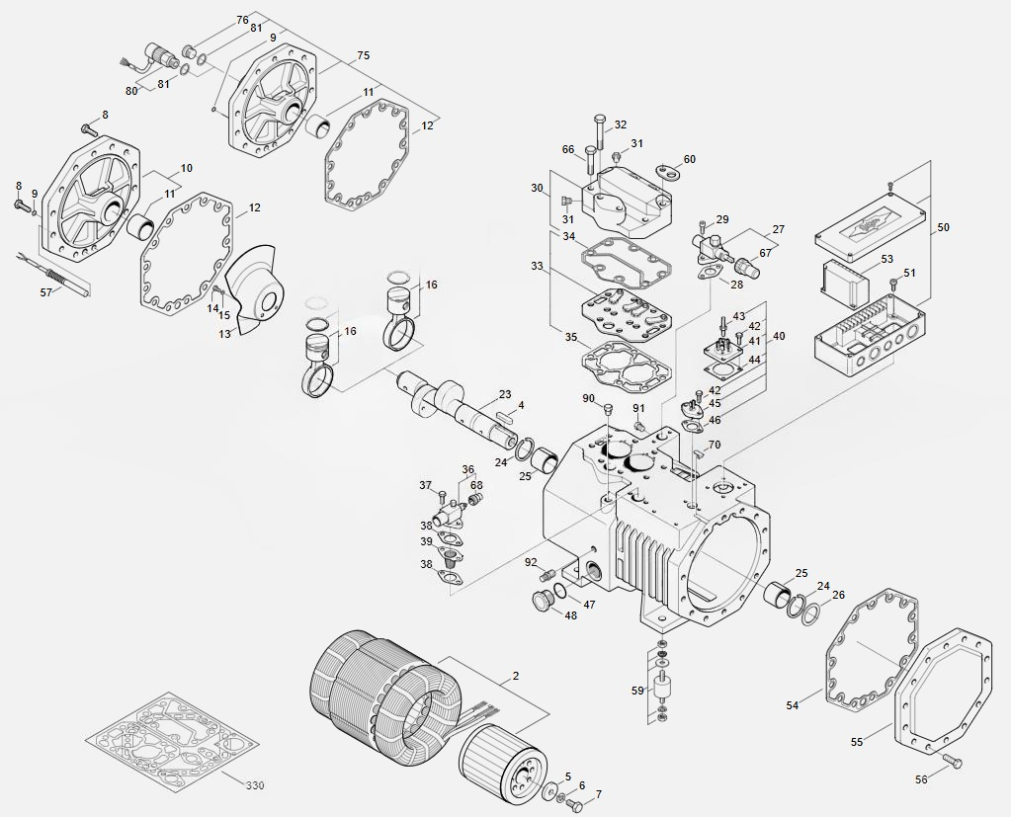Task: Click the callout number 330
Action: (255, 785)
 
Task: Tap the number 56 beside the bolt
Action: (921, 779)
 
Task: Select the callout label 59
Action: (637, 691)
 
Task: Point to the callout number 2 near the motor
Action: (515, 677)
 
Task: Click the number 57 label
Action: (45, 292)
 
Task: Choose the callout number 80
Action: (131, 91)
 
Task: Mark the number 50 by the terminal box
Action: (943, 227)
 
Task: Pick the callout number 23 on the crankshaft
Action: (504, 395)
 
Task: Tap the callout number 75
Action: (363, 56)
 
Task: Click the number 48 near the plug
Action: (570, 615)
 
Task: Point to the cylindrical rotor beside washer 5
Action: (499, 764)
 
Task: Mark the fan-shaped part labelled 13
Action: (255, 296)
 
